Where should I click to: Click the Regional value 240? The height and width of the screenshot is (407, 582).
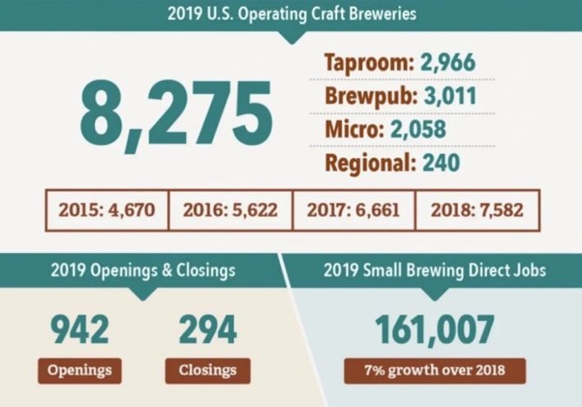[x=440, y=161]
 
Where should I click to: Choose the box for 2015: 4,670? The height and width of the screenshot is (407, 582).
[x=106, y=210]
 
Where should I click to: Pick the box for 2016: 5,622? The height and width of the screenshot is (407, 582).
[x=230, y=210]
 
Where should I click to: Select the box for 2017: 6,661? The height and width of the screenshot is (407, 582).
[x=354, y=210]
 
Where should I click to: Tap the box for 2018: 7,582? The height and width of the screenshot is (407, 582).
[x=477, y=210]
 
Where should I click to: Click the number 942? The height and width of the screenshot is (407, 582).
[x=80, y=330]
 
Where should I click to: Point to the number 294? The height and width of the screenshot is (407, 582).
[x=208, y=330]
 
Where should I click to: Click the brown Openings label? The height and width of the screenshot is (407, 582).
[x=79, y=369]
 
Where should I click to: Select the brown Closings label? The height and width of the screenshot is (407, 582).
[x=209, y=369]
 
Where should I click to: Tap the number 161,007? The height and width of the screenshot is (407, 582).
[x=435, y=330]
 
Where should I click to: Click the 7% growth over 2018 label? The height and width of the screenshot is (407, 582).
[x=435, y=369]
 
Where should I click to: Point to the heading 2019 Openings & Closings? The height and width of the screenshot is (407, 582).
[x=142, y=270]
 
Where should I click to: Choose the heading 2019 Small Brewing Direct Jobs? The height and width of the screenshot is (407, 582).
[x=435, y=270]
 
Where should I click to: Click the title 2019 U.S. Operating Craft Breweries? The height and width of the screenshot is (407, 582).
[x=291, y=14]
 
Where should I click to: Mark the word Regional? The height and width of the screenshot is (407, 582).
[x=370, y=161]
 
